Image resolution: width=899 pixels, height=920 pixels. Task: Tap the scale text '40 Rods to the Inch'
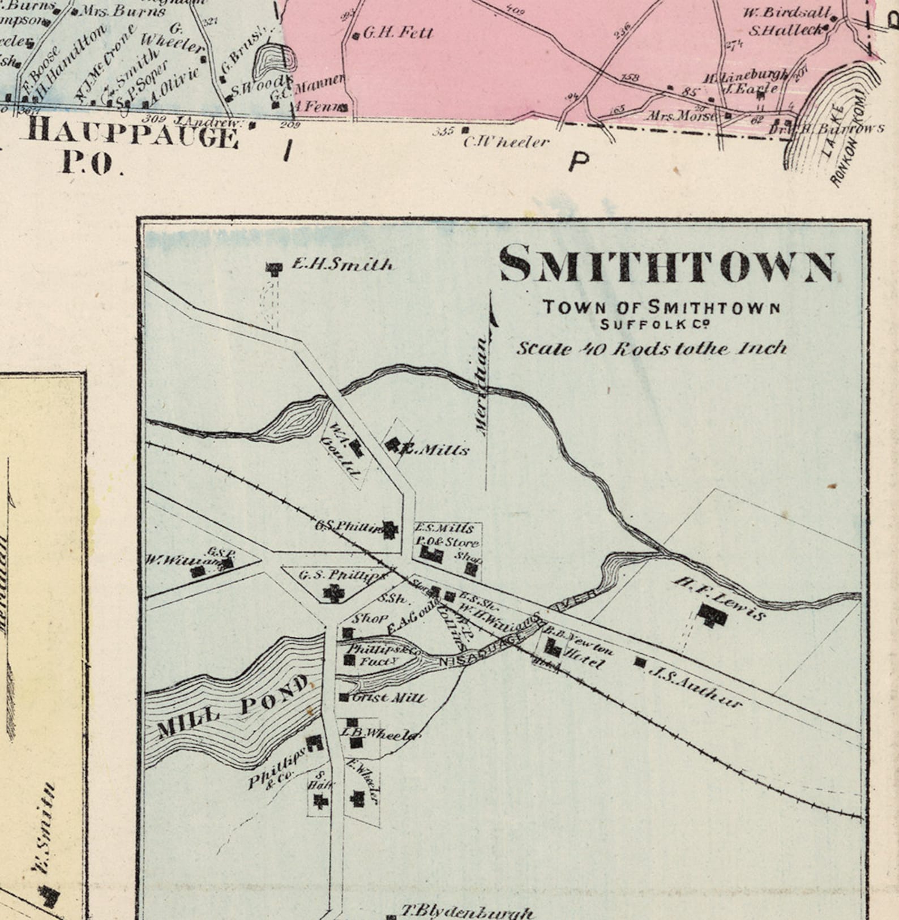(x=651, y=348)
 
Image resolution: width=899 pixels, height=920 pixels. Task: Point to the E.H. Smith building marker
(x=275, y=268)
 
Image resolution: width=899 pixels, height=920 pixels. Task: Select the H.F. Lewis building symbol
(x=712, y=614)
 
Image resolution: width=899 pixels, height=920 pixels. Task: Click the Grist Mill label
(x=388, y=698)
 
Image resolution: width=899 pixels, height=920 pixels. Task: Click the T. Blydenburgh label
(x=467, y=912)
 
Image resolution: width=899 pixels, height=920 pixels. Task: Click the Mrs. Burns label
(x=123, y=11)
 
